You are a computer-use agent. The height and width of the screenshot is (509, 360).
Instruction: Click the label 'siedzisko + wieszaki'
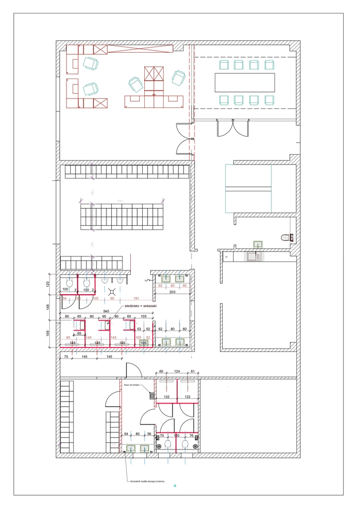pos(141,306)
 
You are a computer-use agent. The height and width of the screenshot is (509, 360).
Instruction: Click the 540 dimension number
pos(105,311)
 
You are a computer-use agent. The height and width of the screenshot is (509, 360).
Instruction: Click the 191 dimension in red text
pos(136,298)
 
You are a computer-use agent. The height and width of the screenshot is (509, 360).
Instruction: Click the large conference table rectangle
pos(245,82)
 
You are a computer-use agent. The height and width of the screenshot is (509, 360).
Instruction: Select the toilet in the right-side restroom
pos(286,238)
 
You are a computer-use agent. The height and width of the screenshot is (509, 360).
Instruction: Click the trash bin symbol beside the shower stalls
pos(151,396)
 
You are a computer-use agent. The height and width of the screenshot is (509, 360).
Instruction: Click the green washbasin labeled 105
pos(144,342)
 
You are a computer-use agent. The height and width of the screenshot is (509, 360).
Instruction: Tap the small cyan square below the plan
pos(175,486)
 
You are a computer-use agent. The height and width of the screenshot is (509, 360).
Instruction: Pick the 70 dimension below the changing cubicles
pos(65,357)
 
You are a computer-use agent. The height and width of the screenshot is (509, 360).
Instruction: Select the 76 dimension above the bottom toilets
pos(191,435)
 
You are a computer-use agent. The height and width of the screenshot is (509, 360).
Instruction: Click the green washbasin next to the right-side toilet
pos(258,244)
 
